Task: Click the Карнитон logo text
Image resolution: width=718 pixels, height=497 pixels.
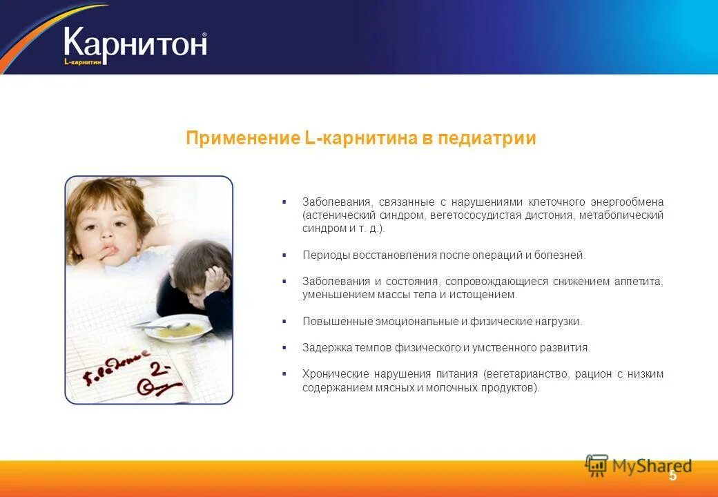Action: coord(135,43)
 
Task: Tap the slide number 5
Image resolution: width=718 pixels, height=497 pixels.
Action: coord(672,476)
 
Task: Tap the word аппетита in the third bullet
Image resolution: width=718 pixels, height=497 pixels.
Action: coord(639,282)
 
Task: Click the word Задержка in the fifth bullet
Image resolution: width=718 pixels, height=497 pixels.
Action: coord(325,348)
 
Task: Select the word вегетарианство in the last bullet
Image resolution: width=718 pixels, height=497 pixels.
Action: coord(527,374)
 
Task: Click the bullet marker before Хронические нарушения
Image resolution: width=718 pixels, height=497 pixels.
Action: coord(284,373)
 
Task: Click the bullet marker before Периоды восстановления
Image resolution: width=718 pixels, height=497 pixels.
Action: coord(284,255)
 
